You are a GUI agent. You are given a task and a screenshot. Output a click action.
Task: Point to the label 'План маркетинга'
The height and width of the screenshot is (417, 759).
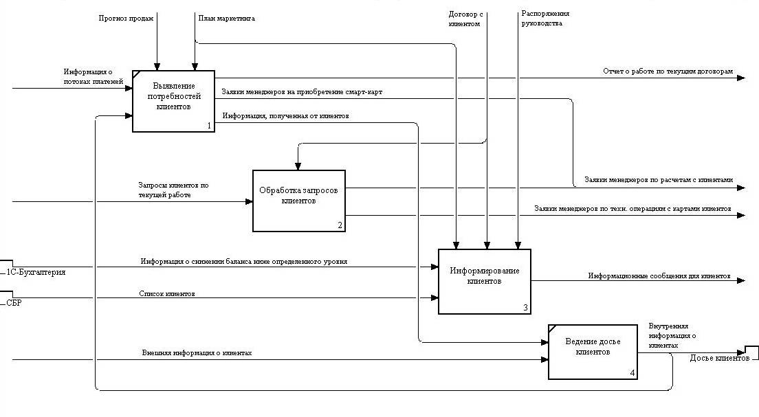226,19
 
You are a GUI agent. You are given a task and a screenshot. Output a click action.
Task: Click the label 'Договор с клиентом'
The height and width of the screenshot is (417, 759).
464,19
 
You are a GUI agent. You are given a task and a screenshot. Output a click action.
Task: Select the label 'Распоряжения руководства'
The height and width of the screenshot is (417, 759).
545,19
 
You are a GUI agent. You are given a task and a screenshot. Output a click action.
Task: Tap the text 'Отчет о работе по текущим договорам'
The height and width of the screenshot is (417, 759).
668,71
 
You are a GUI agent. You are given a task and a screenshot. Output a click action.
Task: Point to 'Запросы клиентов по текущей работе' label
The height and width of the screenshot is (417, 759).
173,190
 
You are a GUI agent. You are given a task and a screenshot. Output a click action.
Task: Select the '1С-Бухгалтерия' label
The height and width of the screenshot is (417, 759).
36,272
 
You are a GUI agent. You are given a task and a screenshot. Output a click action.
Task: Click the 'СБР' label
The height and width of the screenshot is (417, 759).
14,303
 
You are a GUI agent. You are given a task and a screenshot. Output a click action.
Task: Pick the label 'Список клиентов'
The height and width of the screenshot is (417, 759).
167,294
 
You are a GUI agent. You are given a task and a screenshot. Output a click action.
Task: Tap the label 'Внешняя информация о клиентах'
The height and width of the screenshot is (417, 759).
197,353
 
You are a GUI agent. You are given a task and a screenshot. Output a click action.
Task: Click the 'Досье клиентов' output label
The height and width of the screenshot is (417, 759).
720,358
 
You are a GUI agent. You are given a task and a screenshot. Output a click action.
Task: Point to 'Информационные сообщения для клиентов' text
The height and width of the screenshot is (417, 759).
659,275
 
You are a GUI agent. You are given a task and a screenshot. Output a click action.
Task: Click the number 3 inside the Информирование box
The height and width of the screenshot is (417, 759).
525,307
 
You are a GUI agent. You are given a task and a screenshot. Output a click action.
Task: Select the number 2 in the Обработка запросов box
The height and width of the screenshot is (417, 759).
340,225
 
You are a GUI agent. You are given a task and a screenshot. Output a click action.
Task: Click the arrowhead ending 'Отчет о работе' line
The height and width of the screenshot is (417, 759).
740,78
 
